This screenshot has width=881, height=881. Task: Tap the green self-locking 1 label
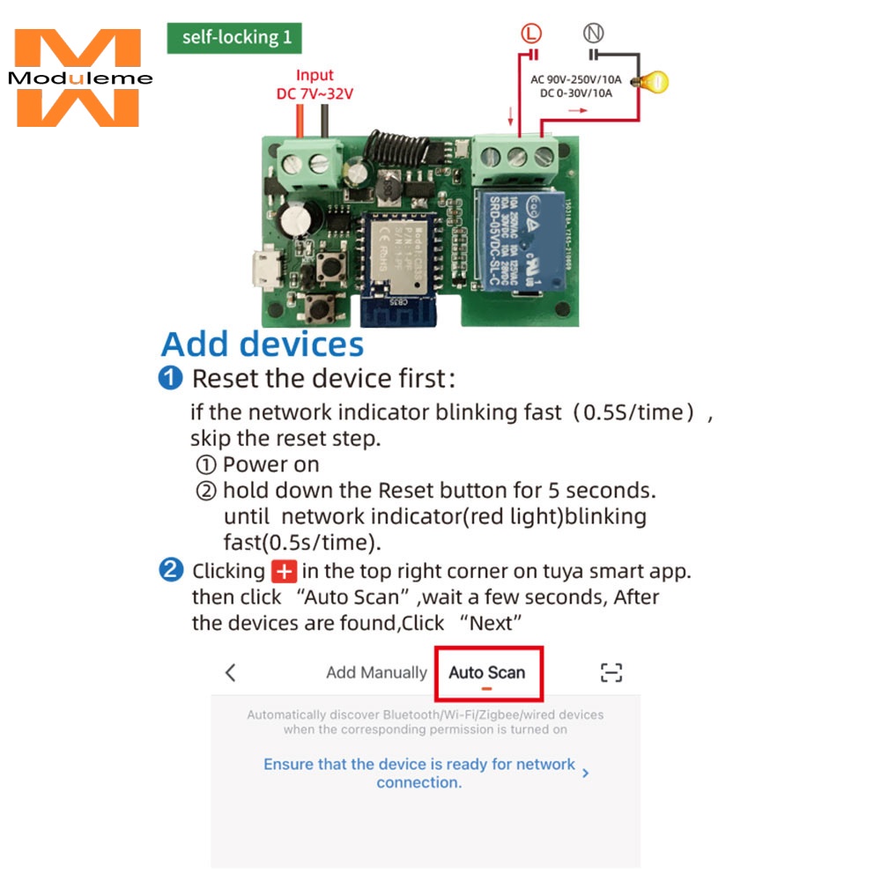tap(234, 38)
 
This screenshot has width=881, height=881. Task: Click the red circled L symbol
tap(529, 34)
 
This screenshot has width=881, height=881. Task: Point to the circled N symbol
tap(594, 34)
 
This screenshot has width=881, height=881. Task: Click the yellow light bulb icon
tap(655, 83)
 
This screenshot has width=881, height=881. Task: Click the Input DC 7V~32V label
tap(315, 85)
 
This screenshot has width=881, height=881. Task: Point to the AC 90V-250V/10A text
tap(576, 79)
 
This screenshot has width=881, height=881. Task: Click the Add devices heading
tap(263, 344)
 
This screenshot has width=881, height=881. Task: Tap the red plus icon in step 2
tap(284, 571)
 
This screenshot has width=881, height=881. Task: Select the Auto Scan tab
tap(487, 673)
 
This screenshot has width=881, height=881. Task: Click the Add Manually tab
tap(376, 673)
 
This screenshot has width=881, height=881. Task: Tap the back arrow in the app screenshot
tap(231, 673)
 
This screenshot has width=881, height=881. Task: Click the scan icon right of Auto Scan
tap(611, 673)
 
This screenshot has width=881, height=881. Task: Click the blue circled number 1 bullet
tap(170, 379)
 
